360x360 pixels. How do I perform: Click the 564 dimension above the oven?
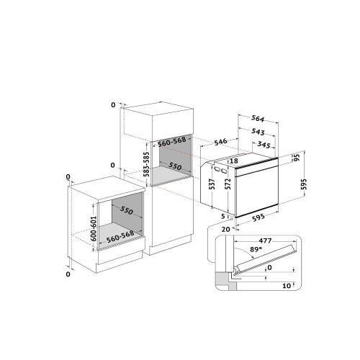[258, 119]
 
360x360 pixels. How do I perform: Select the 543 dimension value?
[258, 131]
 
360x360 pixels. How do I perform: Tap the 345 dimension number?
[264, 145]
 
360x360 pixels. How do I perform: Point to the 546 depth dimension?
[220, 141]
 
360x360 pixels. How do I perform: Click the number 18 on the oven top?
[234, 161]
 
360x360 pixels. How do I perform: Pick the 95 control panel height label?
[297, 158]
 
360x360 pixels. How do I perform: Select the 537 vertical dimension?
[212, 184]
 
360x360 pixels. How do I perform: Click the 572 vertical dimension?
[228, 184]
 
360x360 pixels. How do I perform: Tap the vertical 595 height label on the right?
[304, 184]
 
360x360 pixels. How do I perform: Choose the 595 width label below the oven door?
[258, 217]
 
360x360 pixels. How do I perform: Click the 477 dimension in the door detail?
[265, 240]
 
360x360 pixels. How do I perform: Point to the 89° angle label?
[256, 249]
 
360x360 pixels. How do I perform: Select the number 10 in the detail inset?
[287, 286]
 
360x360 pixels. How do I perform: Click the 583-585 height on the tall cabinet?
[146, 164]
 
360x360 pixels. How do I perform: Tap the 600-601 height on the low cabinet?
[94, 229]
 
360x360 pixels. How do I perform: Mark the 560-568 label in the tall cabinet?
[172, 142]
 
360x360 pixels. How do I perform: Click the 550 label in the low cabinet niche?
[126, 210]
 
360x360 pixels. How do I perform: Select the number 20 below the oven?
[225, 230]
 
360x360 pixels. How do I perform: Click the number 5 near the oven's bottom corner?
[223, 216]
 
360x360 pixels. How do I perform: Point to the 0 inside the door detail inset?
[269, 267]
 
